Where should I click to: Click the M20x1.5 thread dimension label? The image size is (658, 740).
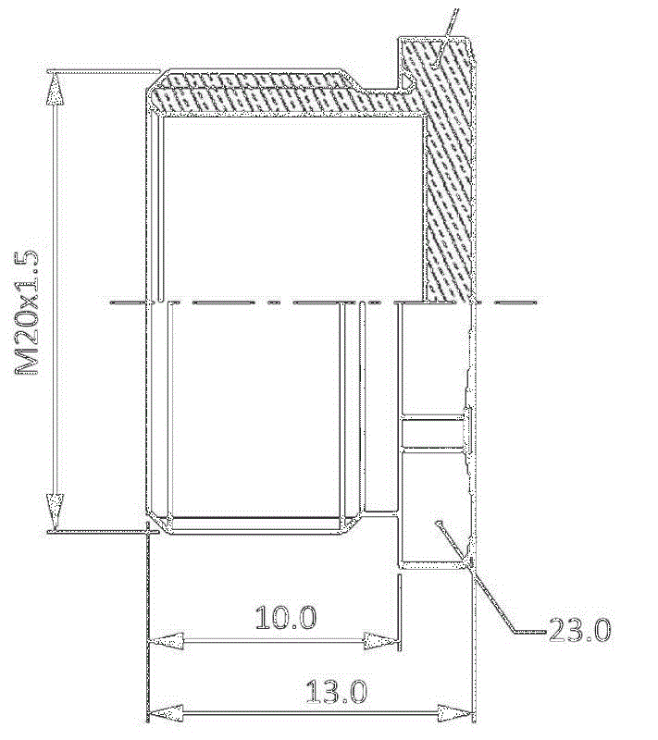pos(27,312)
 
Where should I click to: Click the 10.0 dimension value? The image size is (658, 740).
pos(286,617)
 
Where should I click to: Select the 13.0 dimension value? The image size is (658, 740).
pos(337,691)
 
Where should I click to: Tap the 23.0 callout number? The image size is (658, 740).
pos(580,630)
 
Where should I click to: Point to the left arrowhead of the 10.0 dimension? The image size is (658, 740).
pos(166,641)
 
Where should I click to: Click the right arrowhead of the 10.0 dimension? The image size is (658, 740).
pos(380,641)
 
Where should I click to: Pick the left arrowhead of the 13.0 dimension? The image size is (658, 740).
pos(166,712)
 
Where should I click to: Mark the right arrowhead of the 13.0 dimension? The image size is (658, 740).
pos(454,712)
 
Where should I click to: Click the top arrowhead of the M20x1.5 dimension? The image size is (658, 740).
pos(56,89)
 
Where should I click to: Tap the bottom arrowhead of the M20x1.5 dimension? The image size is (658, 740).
pos(56,512)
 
